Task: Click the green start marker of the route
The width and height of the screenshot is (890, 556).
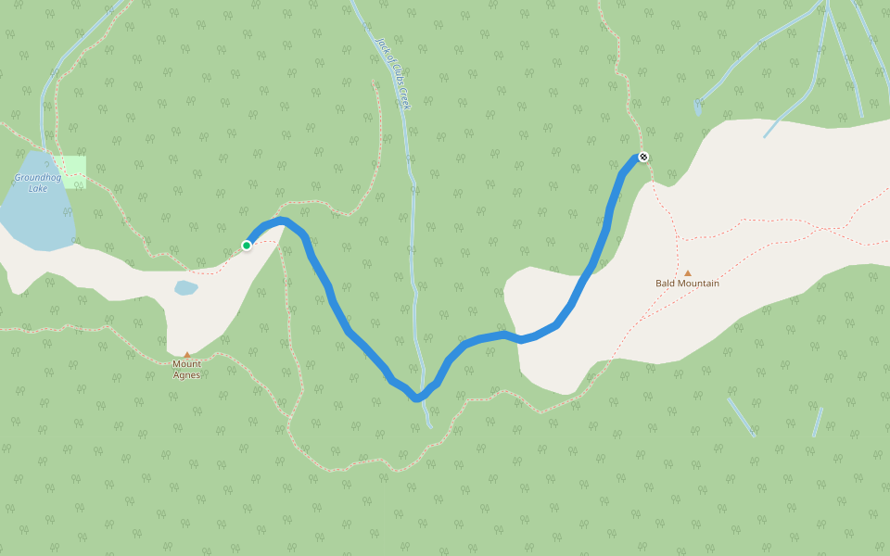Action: [x=247, y=246]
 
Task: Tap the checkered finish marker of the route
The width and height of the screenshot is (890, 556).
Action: [x=642, y=157]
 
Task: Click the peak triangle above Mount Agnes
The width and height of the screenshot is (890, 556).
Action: [x=186, y=354]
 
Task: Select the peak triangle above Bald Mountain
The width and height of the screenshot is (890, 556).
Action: [x=688, y=273]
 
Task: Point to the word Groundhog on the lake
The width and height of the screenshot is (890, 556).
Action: [x=37, y=177]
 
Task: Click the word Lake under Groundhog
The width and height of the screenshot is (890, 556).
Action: [x=38, y=189]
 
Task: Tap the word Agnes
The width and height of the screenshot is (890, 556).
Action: [x=186, y=374]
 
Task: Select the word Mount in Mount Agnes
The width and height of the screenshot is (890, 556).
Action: [x=186, y=364]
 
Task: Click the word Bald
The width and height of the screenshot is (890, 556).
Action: [x=666, y=284]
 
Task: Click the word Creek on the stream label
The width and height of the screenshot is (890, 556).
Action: [x=404, y=99]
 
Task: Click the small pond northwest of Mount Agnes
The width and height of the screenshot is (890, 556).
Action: [x=185, y=287]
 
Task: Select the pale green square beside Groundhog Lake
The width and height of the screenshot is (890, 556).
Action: [x=70, y=171]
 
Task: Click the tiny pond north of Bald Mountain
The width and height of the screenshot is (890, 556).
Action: [x=697, y=108]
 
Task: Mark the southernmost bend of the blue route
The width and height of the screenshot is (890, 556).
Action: [x=418, y=398]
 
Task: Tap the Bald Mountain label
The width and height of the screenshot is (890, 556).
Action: [x=687, y=284]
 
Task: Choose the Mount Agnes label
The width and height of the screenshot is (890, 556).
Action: [x=186, y=369]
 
